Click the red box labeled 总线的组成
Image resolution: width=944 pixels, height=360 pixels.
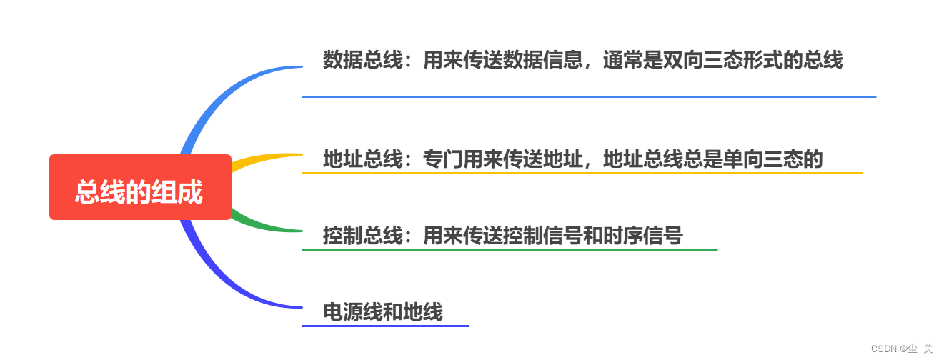tap(140, 187)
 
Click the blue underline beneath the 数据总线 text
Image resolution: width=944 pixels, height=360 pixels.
tap(589, 96)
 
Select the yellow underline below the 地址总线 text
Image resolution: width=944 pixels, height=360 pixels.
tap(582, 173)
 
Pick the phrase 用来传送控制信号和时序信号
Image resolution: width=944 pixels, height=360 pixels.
tap(553, 235)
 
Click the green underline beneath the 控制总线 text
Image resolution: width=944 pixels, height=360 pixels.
tap(509, 249)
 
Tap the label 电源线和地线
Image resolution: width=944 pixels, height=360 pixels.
tap(383, 312)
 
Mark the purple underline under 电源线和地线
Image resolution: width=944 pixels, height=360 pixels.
tap(384, 326)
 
